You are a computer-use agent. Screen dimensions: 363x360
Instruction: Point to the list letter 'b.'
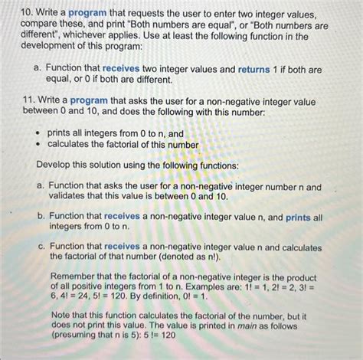[38, 218]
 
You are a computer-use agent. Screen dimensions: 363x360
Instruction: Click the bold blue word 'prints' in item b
[298, 218]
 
